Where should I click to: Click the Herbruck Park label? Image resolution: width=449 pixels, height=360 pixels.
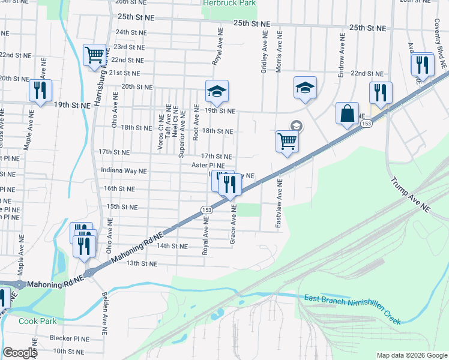coord(229,4)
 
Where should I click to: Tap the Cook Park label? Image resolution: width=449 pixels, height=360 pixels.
coord(37,321)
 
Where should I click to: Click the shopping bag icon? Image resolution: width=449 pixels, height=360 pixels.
coord(348,113)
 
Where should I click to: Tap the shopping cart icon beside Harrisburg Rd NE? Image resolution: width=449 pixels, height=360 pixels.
coord(95,55)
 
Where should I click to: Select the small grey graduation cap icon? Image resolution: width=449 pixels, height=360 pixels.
coord(296,125)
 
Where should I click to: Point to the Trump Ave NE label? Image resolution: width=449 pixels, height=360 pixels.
coord(411,194)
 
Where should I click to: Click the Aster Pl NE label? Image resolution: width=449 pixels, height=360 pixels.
coord(208,165)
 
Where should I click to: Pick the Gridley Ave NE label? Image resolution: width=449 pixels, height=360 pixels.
coord(264,53)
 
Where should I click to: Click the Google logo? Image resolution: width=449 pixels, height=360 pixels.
coord(20,353)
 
